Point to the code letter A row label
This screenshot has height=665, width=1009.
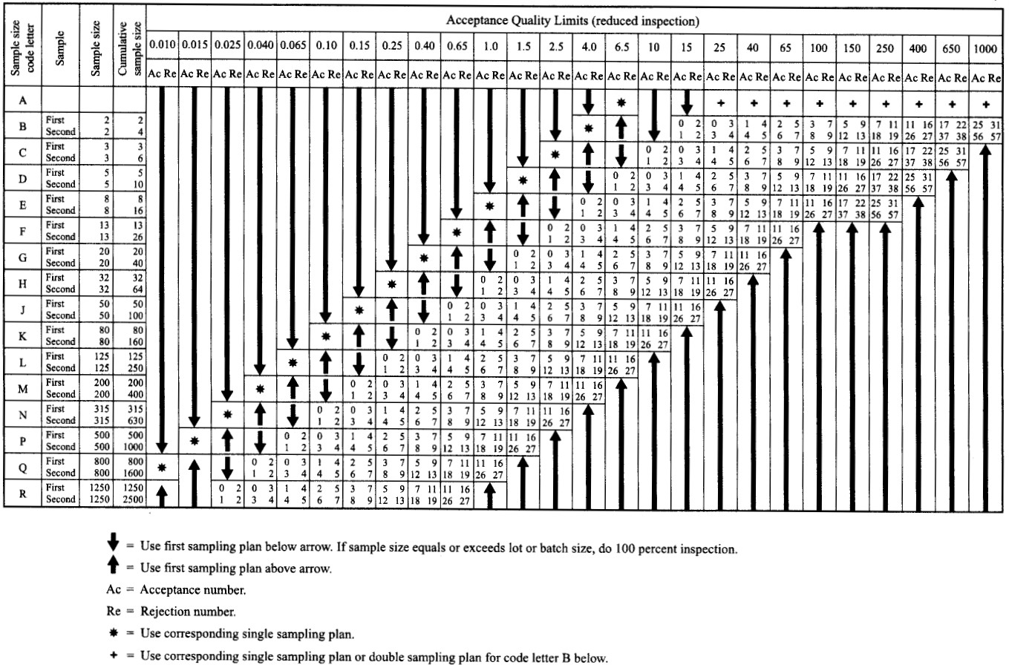point(23,100)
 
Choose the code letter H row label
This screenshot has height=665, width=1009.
point(23,284)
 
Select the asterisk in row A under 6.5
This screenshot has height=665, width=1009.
point(622,101)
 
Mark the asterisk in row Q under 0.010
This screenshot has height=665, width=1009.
point(162,467)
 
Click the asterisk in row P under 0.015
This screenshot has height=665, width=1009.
point(195,440)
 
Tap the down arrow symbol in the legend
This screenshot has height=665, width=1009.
point(112,548)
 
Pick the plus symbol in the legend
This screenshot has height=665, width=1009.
point(113,655)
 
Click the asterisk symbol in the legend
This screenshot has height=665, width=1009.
point(113,635)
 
